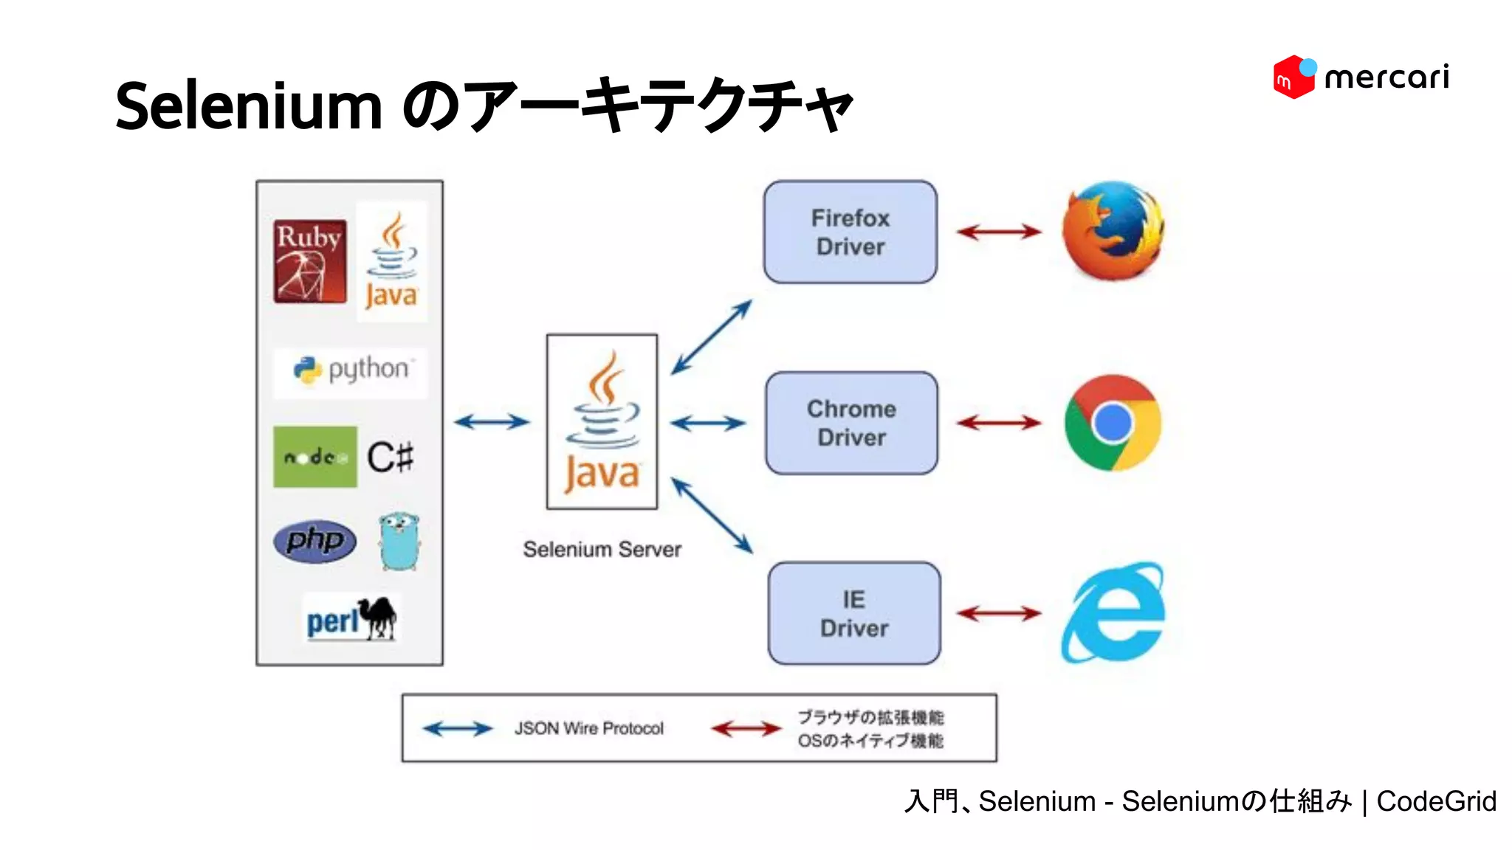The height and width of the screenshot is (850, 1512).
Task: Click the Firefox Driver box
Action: [x=850, y=232]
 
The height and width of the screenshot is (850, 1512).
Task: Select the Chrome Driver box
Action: [x=851, y=423]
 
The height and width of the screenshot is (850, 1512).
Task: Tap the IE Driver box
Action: [x=854, y=613]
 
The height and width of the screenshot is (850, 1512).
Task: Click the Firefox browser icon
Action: [x=1113, y=230]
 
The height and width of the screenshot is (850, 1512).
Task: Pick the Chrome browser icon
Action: [x=1113, y=423]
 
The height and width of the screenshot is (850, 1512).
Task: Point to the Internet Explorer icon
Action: [x=1113, y=612]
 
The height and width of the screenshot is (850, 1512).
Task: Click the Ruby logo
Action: [x=309, y=260]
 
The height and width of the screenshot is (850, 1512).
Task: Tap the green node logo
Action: [x=315, y=457]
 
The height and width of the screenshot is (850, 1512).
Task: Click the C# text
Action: [x=391, y=457]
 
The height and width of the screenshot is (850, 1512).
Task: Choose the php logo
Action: [x=315, y=541]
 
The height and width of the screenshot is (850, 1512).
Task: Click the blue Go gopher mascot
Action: [x=399, y=542]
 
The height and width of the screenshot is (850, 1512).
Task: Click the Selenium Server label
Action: [x=602, y=549]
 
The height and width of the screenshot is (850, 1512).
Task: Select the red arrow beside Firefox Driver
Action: [x=998, y=232]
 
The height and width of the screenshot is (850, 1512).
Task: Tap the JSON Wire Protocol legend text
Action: [x=588, y=728]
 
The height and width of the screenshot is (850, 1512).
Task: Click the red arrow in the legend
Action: [x=746, y=729]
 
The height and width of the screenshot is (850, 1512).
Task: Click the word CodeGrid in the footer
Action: [x=1436, y=801]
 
